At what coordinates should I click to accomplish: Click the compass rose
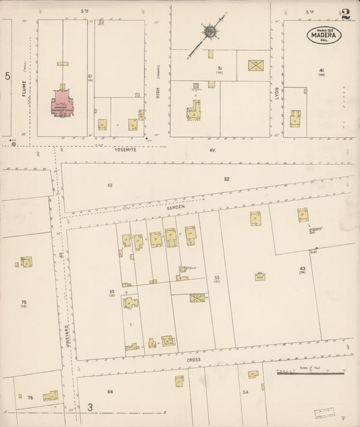click(210, 31)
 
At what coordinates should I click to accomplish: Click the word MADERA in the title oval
click(325, 35)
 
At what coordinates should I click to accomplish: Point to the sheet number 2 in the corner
click(346, 14)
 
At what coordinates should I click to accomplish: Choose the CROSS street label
click(193, 361)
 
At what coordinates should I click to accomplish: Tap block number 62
click(109, 184)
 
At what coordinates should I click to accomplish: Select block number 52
click(228, 178)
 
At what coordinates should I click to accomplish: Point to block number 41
click(322, 70)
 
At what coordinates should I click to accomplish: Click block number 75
click(24, 301)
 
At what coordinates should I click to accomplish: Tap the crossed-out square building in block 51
click(255, 66)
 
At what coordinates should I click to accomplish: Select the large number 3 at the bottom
click(89, 408)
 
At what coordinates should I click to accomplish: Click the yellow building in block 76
click(51, 396)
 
